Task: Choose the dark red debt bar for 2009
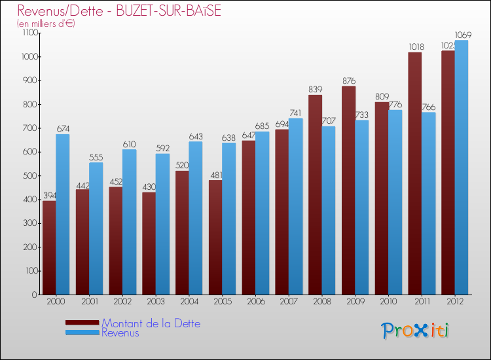[348, 190]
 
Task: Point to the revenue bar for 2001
[96, 228]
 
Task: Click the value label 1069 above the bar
[462, 35]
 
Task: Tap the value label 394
[50, 196]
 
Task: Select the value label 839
[316, 90]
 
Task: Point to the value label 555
[96, 157]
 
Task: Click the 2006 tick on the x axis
[255, 301]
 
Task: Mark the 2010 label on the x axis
[388, 301]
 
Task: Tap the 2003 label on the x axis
[155, 301]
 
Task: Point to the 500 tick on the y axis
[30, 175]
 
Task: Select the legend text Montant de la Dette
[151, 323]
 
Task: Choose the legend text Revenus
[120, 333]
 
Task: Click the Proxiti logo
[416, 331]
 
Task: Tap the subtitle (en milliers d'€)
[46, 24]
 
